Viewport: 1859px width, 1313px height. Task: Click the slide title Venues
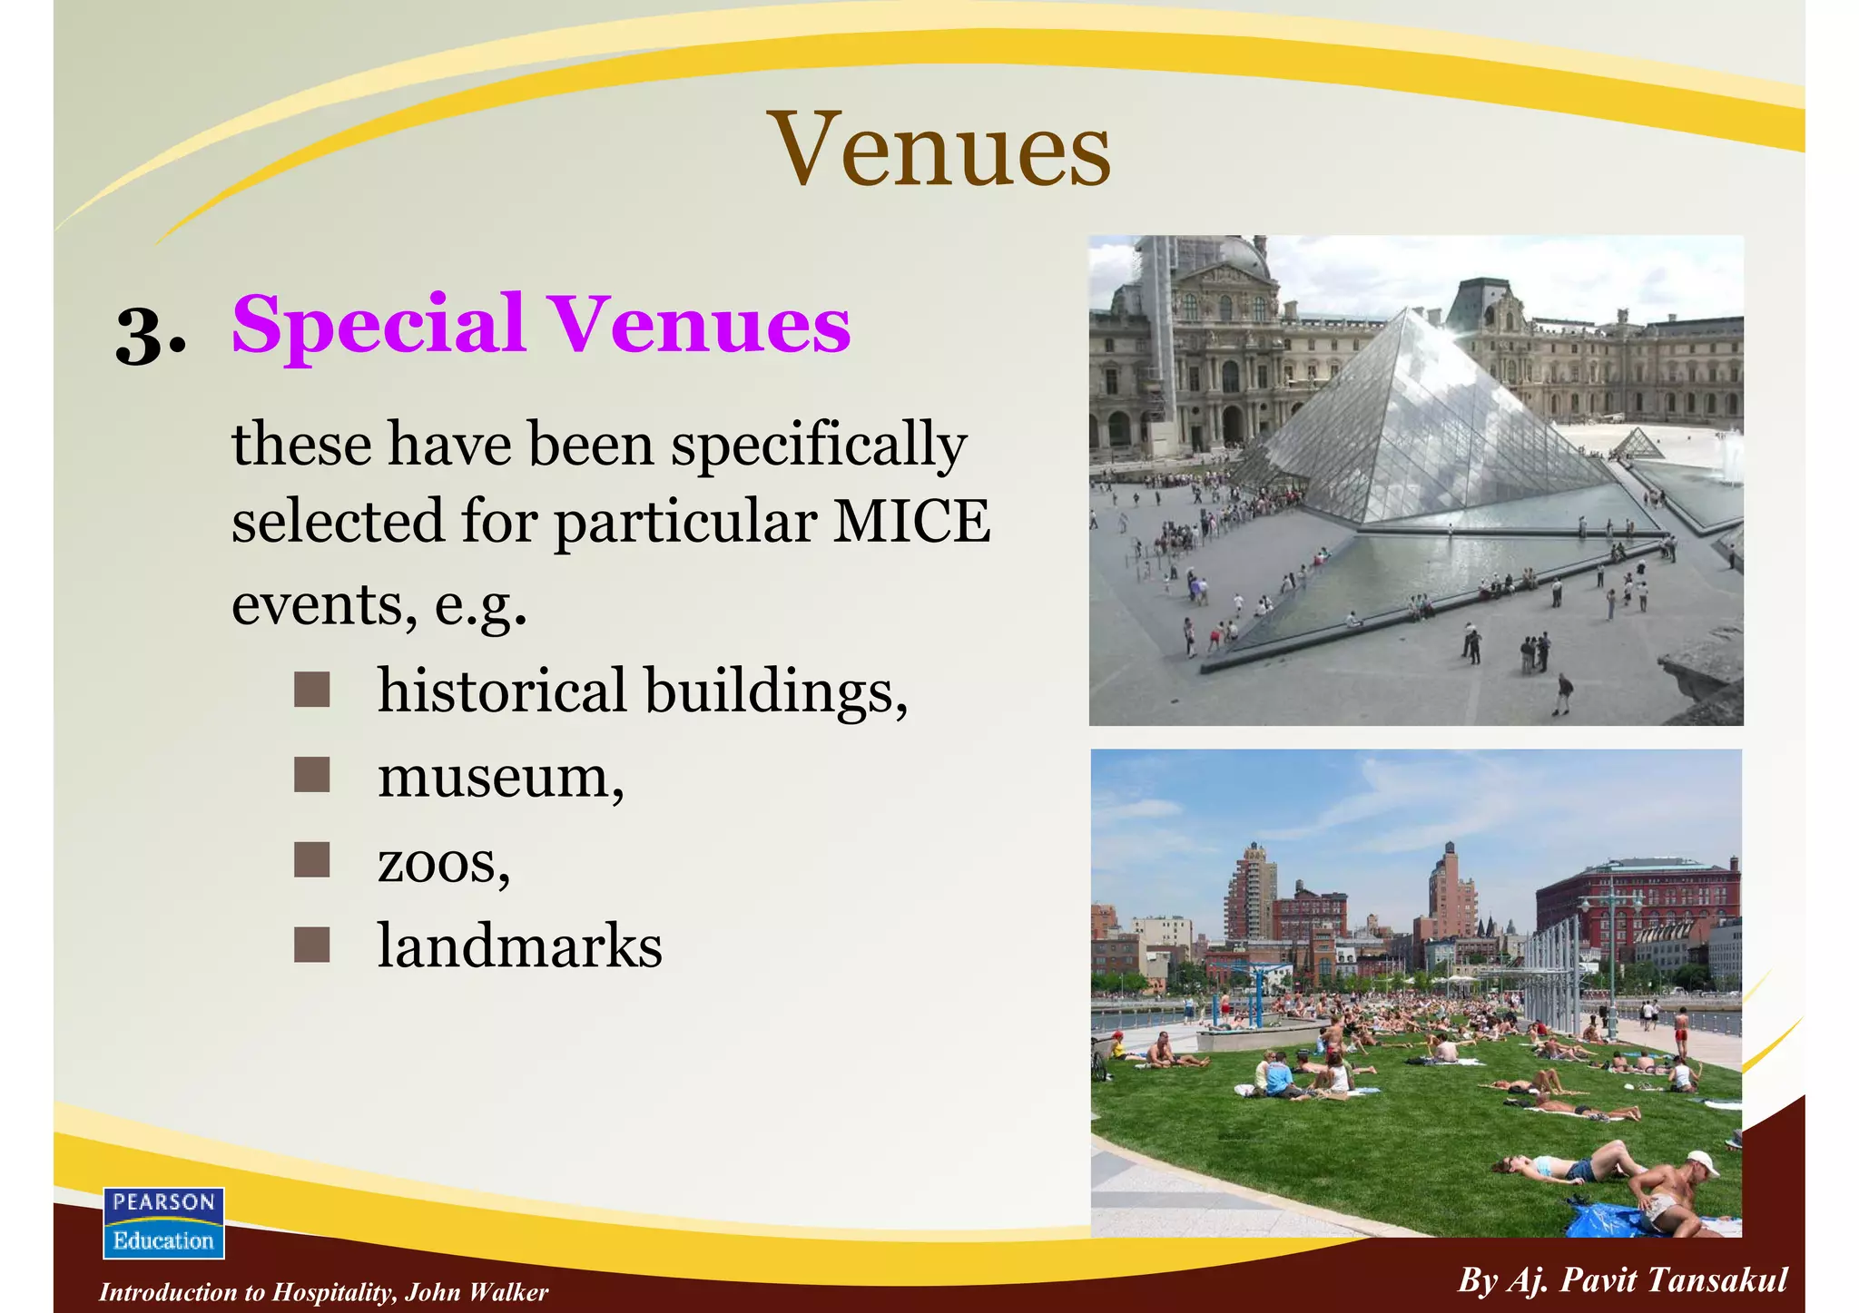[939, 150]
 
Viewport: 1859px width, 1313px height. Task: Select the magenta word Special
[379, 325]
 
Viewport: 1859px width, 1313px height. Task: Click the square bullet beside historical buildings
[311, 691]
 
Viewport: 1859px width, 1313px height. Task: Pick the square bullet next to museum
[311, 776]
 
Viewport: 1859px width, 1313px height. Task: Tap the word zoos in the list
[437, 863]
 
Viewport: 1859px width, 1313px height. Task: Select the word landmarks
[519, 946]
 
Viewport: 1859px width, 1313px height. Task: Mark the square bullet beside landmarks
[311, 946]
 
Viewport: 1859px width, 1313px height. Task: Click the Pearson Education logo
[163, 1222]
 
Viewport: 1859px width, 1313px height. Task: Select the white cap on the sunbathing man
[1701, 1161]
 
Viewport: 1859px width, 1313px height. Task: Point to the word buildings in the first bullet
[776, 691]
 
